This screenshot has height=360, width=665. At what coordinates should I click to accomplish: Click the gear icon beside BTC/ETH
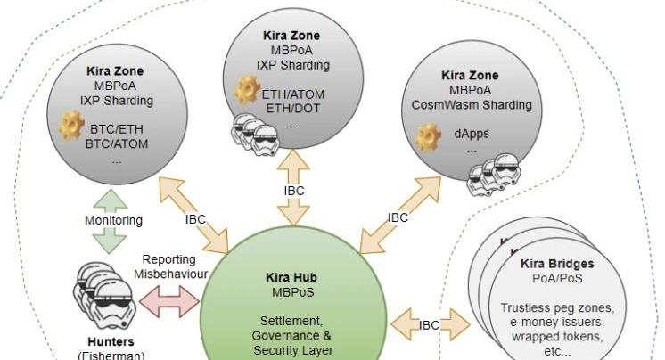pos(71,127)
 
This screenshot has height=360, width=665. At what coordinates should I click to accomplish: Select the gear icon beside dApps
pos(428,135)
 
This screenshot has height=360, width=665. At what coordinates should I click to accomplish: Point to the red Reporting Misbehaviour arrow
pos(168,300)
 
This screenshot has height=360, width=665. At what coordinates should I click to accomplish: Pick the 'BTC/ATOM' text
pos(117,143)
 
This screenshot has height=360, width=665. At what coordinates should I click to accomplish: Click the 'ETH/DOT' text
pos(291,109)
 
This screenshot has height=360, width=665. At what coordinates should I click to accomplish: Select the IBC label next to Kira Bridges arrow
pos(429,325)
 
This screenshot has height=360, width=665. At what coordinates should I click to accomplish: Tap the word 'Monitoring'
pos(113,220)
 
